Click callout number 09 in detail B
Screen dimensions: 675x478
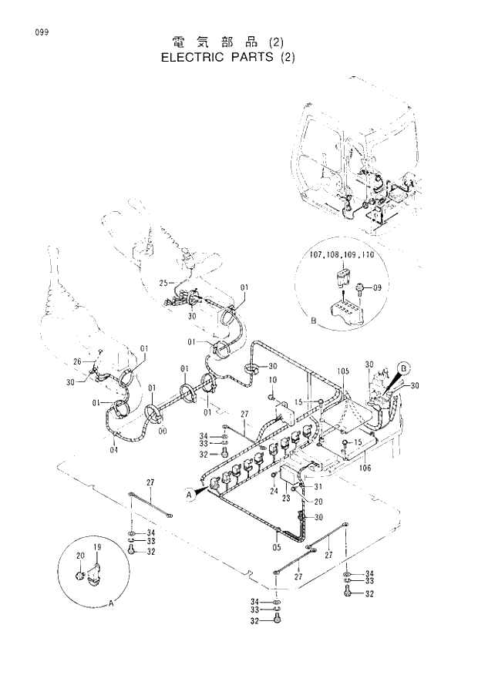378,287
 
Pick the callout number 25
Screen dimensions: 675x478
163,284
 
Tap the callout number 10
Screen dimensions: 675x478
272,380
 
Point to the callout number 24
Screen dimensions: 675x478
274,491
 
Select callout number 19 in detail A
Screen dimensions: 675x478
98,546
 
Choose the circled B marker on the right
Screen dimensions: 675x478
405,367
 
